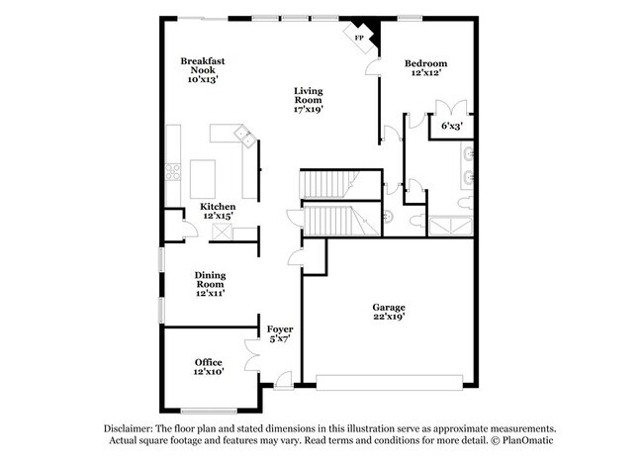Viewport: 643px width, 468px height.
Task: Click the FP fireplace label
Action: [359, 37]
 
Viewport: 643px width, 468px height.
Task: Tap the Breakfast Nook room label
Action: [203, 61]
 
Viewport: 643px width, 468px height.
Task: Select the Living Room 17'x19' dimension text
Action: [308, 109]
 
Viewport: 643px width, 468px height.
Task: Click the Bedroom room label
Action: [426, 63]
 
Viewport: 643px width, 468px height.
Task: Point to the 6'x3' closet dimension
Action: [451, 126]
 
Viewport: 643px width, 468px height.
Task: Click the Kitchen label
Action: [219, 207]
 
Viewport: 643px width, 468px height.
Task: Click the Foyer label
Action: [278, 328]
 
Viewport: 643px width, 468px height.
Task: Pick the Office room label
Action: [208, 362]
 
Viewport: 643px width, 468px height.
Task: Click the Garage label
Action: [389, 308]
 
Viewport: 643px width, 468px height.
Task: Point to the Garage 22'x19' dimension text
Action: [389, 319]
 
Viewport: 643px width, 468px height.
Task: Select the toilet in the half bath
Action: [389, 216]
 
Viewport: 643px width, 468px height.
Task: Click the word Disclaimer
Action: [129, 427]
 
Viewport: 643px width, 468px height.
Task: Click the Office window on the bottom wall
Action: [209, 410]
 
